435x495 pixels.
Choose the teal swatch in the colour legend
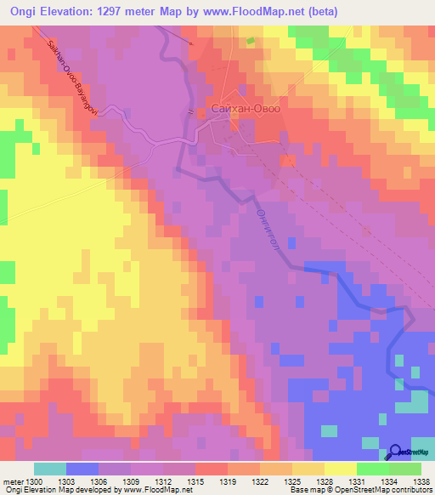tap(49, 469)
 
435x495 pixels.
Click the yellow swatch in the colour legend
tap(340, 469)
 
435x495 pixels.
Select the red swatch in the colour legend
tap(211, 469)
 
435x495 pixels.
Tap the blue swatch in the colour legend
tap(82, 469)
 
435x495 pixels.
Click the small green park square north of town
tap(250, 40)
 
